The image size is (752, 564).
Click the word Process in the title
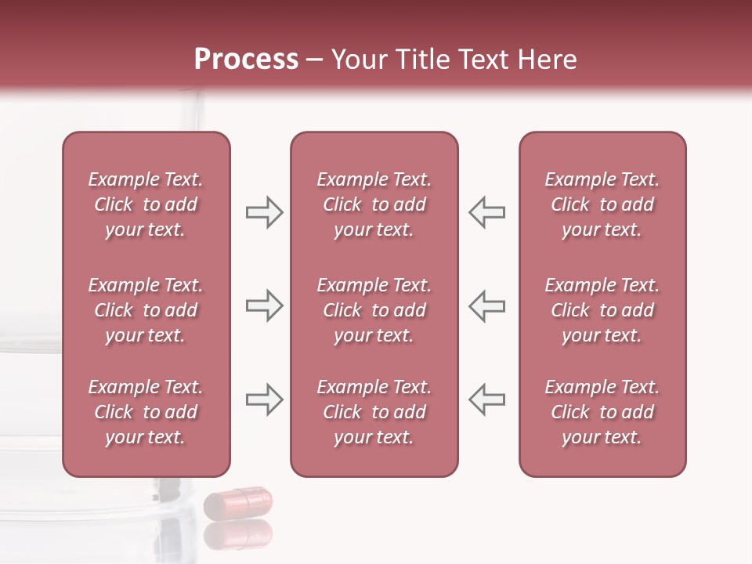tap(246, 60)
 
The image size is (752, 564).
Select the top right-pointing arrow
tap(264, 212)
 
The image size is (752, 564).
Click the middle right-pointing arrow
tap(264, 306)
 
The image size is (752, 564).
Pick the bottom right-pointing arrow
tap(264, 400)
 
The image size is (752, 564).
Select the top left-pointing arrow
tap(487, 212)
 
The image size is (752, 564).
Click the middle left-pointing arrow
tap(487, 306)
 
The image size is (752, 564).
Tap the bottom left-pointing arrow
tap(487, 400)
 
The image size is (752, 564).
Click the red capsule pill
tap(237, 502)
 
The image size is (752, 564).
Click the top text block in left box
tap(146, 204)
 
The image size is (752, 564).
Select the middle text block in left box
tap(146, 310)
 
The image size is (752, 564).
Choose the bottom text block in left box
tap(146, 412)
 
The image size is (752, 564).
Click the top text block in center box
tap(374, 204)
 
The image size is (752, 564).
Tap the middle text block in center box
tap(374, 310)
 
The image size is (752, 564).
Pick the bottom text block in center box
tap(374, 412)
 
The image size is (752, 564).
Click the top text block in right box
tap(602, 204)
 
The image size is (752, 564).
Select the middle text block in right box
tap(602, 310)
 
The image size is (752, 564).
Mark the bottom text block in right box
tap(602, 412)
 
